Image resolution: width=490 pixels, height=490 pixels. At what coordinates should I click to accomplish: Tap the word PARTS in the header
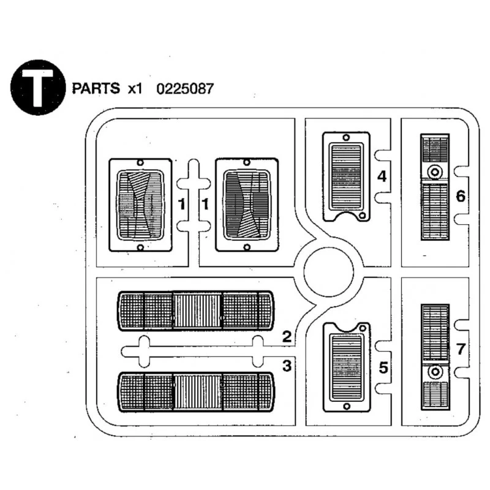coord(96,88)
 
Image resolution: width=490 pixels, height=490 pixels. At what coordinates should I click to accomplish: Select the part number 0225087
coord(185,88)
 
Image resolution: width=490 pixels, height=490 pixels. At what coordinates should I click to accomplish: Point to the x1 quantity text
coord(135,88)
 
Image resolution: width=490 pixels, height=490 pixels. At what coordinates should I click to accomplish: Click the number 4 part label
coord(382,177)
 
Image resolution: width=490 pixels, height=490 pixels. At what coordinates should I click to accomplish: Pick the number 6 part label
coord(461,197)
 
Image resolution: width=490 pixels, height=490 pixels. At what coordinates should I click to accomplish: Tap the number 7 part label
coord(461,350)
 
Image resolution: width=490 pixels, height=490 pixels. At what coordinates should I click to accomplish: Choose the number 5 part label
coord(383,367)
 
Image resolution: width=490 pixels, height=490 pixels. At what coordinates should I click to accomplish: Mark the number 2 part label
coord(287,336)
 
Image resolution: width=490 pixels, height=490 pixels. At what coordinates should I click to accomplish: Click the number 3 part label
coord(287,366)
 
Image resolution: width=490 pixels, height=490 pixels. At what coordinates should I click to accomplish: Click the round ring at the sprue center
coord(329,269)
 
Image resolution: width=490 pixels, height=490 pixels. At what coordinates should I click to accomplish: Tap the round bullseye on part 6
coord(435,172)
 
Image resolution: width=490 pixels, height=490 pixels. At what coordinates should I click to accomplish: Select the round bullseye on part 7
coord(435,372)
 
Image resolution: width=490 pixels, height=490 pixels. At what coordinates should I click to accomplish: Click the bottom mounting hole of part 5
coord(346,406)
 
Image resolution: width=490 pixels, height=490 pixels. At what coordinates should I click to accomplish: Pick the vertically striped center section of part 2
coord(197,311)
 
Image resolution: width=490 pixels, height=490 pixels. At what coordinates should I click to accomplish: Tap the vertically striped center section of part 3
coord(197,393)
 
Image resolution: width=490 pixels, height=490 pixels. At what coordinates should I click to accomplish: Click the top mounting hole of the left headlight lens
coord(140,163)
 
